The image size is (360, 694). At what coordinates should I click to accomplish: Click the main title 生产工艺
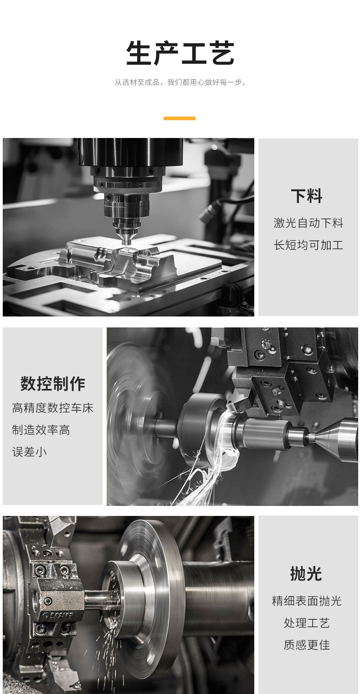180,53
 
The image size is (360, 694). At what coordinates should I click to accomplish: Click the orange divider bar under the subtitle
180,118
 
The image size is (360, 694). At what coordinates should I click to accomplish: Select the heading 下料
306,196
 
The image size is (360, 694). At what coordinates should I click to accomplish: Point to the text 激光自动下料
308,223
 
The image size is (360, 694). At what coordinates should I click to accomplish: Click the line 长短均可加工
308,245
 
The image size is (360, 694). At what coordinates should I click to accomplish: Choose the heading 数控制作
53,384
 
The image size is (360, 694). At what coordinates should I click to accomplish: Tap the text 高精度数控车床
53,408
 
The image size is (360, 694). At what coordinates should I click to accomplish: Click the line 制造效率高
41,430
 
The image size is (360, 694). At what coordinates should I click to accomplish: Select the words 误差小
30,452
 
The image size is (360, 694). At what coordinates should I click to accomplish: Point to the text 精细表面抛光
307,601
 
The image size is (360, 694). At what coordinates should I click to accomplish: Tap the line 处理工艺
307,623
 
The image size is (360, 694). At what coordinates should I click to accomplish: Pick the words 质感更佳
307,645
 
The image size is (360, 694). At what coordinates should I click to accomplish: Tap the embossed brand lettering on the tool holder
58,614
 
